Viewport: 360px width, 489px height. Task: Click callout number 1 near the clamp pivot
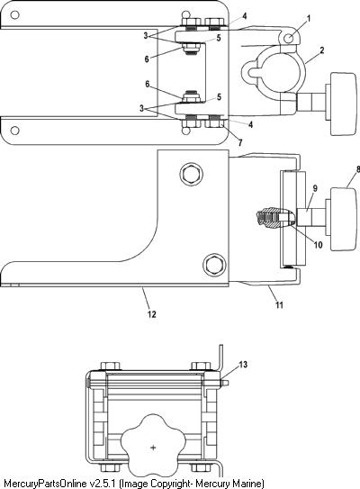(309, 19)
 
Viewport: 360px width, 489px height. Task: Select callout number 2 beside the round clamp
(321, 50)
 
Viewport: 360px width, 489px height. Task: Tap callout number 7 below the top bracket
(240, 142)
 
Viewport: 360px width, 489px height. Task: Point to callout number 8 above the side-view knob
(358, 169)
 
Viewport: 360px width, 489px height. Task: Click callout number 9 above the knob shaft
(315, 188)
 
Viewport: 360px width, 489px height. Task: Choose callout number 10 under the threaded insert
(318, 245)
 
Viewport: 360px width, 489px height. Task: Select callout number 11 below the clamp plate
(279, 304)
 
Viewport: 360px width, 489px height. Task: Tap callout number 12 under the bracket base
(151, 314)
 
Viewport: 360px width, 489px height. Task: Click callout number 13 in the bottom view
(243, 364)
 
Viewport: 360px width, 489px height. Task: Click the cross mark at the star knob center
(153, 448)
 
